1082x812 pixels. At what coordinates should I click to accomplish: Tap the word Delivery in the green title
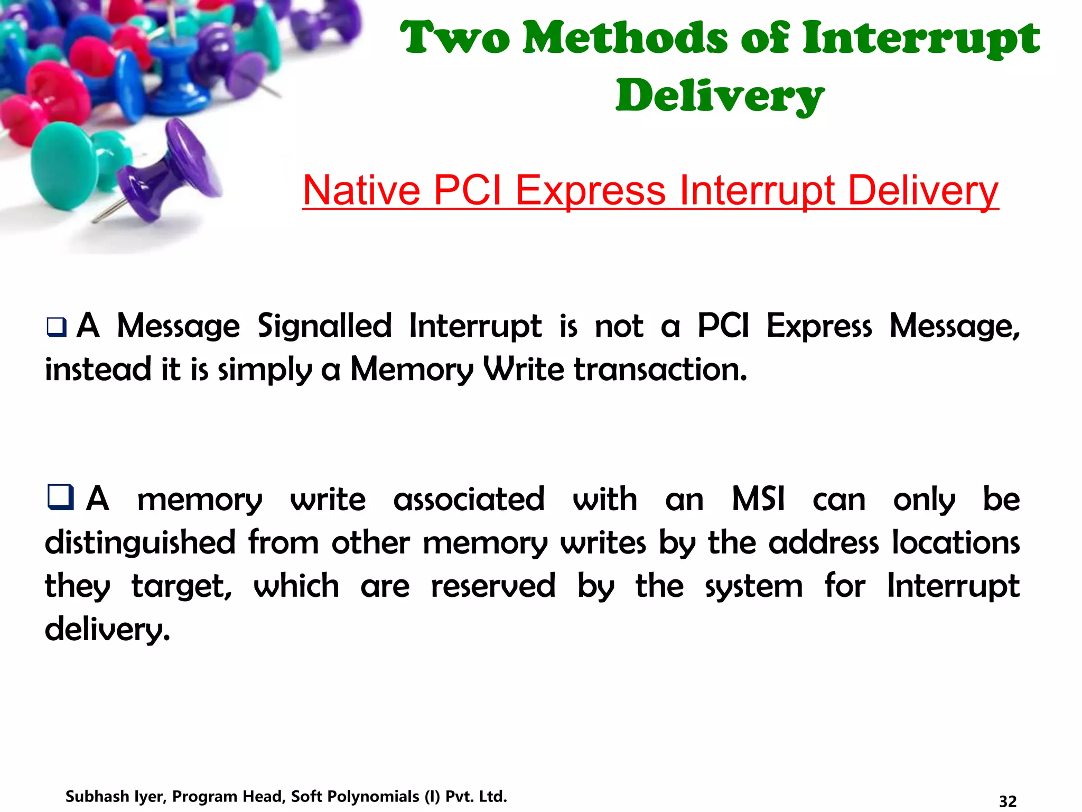(x=720, y=96)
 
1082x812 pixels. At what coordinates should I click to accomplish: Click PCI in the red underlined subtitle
(x=468, y=190)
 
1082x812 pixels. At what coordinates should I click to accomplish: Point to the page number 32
(x=1008, y=801)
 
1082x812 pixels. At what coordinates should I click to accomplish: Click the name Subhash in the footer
(x=97, y=796)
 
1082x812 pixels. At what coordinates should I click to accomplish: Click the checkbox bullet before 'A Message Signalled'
(x=57, y=327)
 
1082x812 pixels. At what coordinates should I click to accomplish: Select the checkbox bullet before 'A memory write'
(x=60, y=497)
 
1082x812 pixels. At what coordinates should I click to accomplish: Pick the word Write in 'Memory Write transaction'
(x=524, y=369)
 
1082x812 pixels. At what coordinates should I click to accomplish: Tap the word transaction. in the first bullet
(x=660, y=369)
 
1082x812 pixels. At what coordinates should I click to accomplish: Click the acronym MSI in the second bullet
(x=758, y=499)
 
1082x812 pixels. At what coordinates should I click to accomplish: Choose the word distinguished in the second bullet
(x=140, y=543)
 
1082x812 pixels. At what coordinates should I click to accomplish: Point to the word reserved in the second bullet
(x=493, y=586)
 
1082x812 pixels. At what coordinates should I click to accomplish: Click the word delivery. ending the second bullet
(x=107, y=629)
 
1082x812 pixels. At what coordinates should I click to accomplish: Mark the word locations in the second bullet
(x=956, y=542)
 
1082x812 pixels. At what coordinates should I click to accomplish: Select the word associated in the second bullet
(x=469, y=499)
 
